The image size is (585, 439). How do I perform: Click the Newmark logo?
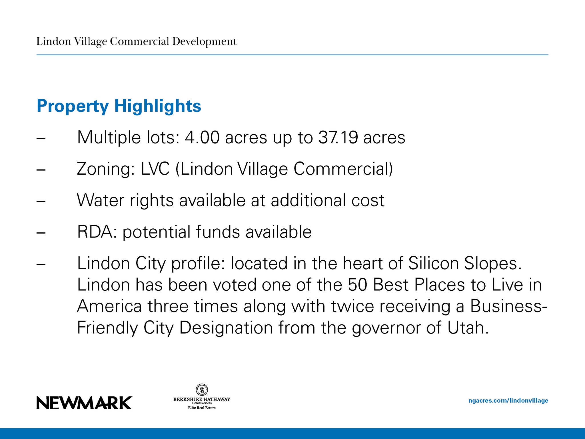tap(84, 403)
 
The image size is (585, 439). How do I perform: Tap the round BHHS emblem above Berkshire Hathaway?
tap(202, 389)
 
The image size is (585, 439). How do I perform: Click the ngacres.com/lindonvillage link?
tap(508, 400)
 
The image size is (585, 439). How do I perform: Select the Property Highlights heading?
tap(119, 106)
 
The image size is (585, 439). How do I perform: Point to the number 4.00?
tap(202, 137)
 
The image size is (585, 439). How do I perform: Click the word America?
tap(109, 306)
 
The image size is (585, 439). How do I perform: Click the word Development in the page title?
tap(204, 42)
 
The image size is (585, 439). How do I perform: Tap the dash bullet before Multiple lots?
tap(41, 138)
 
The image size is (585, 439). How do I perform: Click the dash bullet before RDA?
tap(41, 233)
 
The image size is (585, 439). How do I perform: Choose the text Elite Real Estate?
tap(202, 408)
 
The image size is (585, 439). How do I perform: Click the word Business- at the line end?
tap(509, 306)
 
